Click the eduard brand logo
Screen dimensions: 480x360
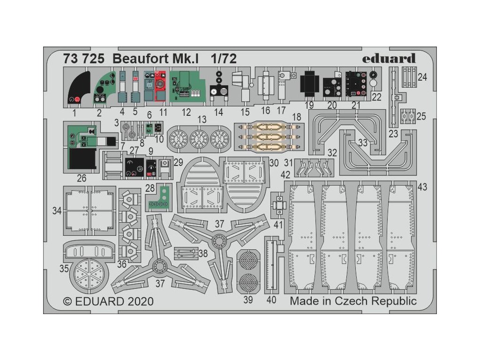pos(395,59)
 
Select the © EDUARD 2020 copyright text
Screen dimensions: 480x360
pos(108,300)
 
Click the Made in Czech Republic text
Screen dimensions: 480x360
pos(353,300)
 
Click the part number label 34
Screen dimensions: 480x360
pos(57,211)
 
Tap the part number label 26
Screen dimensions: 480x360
pos(82,178)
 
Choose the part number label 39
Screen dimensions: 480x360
pos(248,300)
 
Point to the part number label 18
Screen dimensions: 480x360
pos(297,117)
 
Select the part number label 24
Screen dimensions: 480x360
pos(422,77)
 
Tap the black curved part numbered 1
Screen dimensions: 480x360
pos(77,89)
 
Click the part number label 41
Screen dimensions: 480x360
pos(278,225)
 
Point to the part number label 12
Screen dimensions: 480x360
pos(187,112)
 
